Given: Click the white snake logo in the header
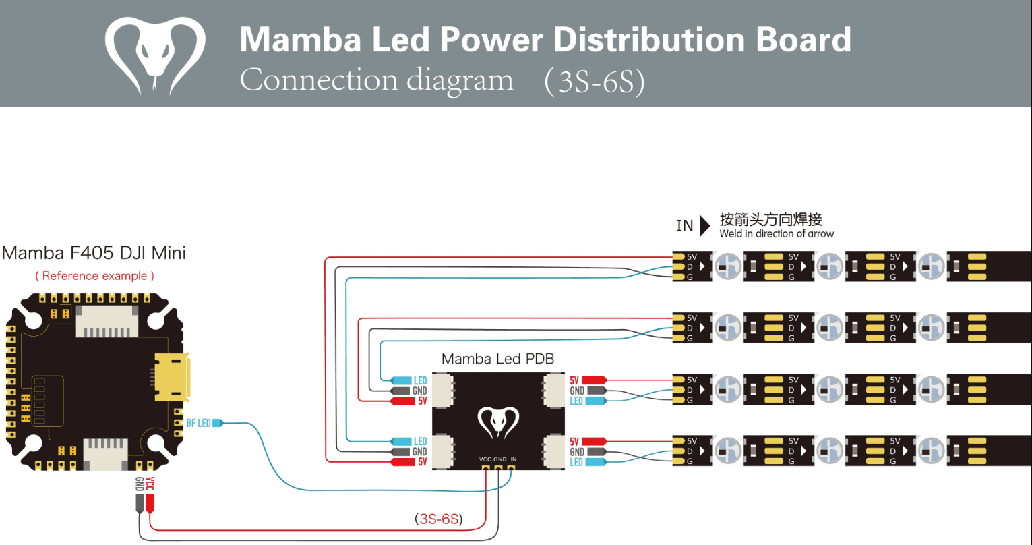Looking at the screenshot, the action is tap(155, 55).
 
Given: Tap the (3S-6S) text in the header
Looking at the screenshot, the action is tap(595, 81).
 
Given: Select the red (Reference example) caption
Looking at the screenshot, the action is tap(94, 276).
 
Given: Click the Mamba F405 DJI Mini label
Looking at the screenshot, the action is tap(94, 253).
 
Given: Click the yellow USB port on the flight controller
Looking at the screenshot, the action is tap(172, 376).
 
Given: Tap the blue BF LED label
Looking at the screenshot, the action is tap(199, 423).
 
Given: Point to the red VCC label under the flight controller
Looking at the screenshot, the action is tap(150, 484).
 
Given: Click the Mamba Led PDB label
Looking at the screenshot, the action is tap(497, 359).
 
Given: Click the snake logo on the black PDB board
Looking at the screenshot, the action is tap(498, 422).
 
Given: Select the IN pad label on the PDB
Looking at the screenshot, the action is tap(513, 459).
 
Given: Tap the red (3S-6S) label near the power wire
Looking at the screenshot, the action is tap(438, 519).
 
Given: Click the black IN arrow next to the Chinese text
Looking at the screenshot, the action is tap(705, 225).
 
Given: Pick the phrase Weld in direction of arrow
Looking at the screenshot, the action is tap(777, 234).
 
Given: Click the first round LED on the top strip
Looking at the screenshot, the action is tap(728, 266).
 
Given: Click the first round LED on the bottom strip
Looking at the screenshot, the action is tap(728, 451).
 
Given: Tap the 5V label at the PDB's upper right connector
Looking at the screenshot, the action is tap(574, 380).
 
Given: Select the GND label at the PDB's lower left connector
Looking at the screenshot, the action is tap(419, 452).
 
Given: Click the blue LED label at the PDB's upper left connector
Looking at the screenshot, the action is tap(420, 380).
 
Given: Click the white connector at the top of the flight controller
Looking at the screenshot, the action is tap(107, 321).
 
